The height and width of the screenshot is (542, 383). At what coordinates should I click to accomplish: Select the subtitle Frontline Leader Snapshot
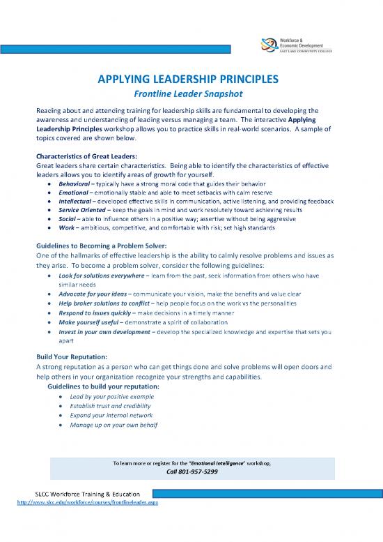(x=191, y=95)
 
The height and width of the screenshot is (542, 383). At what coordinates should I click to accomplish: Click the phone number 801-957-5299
(x=191, y=472)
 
